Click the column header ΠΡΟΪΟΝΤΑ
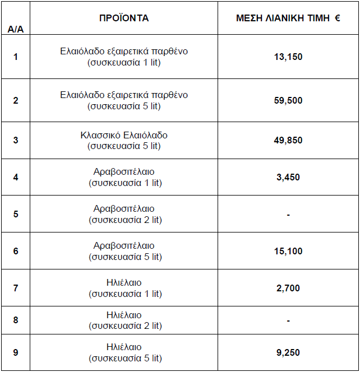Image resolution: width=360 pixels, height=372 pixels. [x=123, y=18]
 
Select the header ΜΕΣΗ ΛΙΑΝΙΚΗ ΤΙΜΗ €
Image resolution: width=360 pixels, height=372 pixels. [x=288, y=18]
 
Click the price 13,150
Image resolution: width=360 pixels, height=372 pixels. [x=288, y=57]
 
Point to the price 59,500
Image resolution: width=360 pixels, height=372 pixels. [x=288, y=100]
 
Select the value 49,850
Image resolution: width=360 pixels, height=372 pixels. [x=288, y=140]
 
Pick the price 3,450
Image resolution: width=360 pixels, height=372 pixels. [x=288, y=177]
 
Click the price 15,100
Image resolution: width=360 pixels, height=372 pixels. [x=288, y=251]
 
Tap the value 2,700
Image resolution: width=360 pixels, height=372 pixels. [x=288, y=288]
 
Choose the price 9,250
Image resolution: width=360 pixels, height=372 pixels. [x=288, y=352]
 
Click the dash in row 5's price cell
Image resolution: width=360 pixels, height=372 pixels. [x=288, y=215]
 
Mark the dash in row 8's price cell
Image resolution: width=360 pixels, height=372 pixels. [x=288, y=321]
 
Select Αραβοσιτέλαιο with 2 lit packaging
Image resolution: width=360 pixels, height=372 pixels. [x=124, y=214]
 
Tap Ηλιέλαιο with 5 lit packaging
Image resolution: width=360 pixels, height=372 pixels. [x=124, y=352]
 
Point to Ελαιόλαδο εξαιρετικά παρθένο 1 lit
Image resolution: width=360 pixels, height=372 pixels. [x=124, y=57]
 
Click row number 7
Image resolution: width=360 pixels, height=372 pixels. [x=15, y=288]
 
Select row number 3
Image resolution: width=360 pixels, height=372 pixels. [x=15, y=140]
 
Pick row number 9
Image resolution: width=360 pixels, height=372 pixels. [x=15, y=352]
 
